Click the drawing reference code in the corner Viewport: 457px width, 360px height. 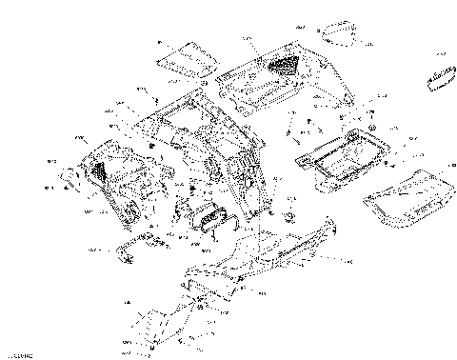pyautogui.click(x=17, y=354)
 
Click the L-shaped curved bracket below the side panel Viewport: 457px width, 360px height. pyautogui.click(x=132, y=246)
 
